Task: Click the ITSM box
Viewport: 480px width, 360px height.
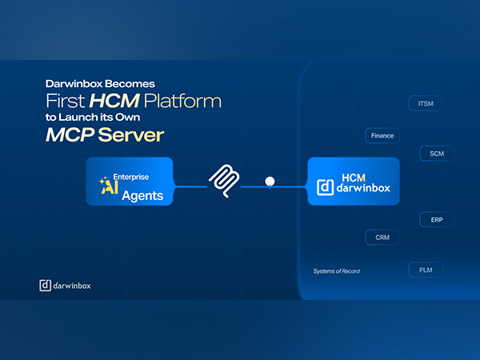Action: (425, 104)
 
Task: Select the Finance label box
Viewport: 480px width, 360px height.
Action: (382, 136)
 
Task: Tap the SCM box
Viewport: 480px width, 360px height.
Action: (436, 153)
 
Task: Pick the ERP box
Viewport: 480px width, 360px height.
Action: (436, 220)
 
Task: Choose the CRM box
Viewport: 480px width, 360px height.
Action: (382, 237)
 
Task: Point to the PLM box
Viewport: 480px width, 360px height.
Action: (425, 270)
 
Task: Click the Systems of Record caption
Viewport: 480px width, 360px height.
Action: (336, 271)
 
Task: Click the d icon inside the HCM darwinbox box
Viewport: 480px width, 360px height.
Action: (325, 187)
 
